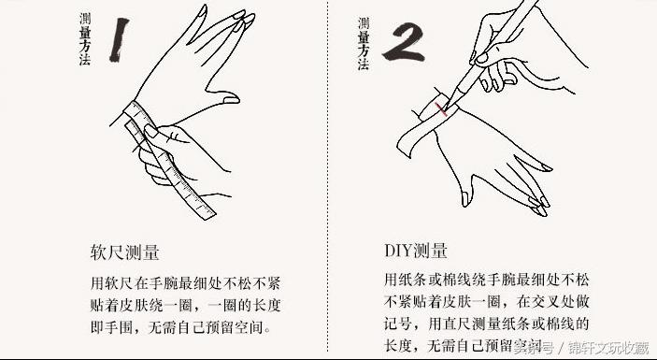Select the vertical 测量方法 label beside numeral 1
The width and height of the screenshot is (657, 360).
pyautogui.click(x=85, y=38)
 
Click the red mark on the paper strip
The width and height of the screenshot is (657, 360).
pyautogui.click(x=441, y=111)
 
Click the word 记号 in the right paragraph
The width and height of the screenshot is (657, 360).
pyautogui.click(x=395, y=324)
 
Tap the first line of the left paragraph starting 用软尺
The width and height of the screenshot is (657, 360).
pyautogui.click(x=180, y=281)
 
